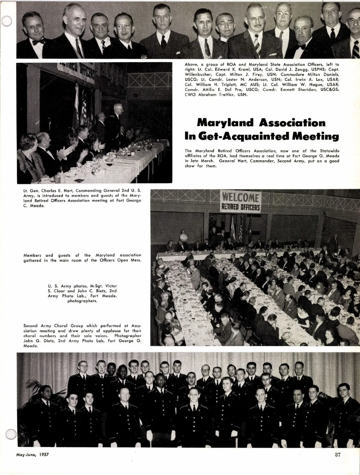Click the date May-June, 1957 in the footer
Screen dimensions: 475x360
32,455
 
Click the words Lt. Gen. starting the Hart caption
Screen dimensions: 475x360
31,190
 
